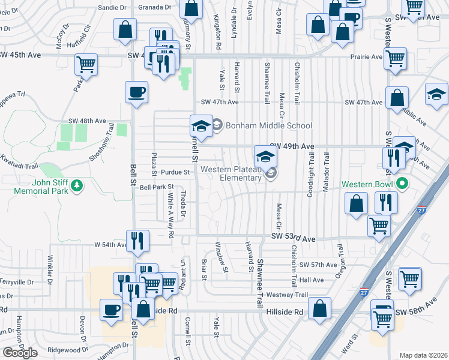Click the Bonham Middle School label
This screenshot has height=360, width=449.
pos(269,125)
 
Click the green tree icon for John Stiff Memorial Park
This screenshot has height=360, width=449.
pos(76,187)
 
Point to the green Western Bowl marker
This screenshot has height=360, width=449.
pos(402,184)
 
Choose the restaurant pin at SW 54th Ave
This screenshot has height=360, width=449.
pos(137,241)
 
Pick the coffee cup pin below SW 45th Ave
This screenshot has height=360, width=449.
pos(136,93)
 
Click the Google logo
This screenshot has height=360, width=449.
pos(20,353)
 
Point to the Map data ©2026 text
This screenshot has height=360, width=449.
pos(424,355)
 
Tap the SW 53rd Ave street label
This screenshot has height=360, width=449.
pos(293,238)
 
